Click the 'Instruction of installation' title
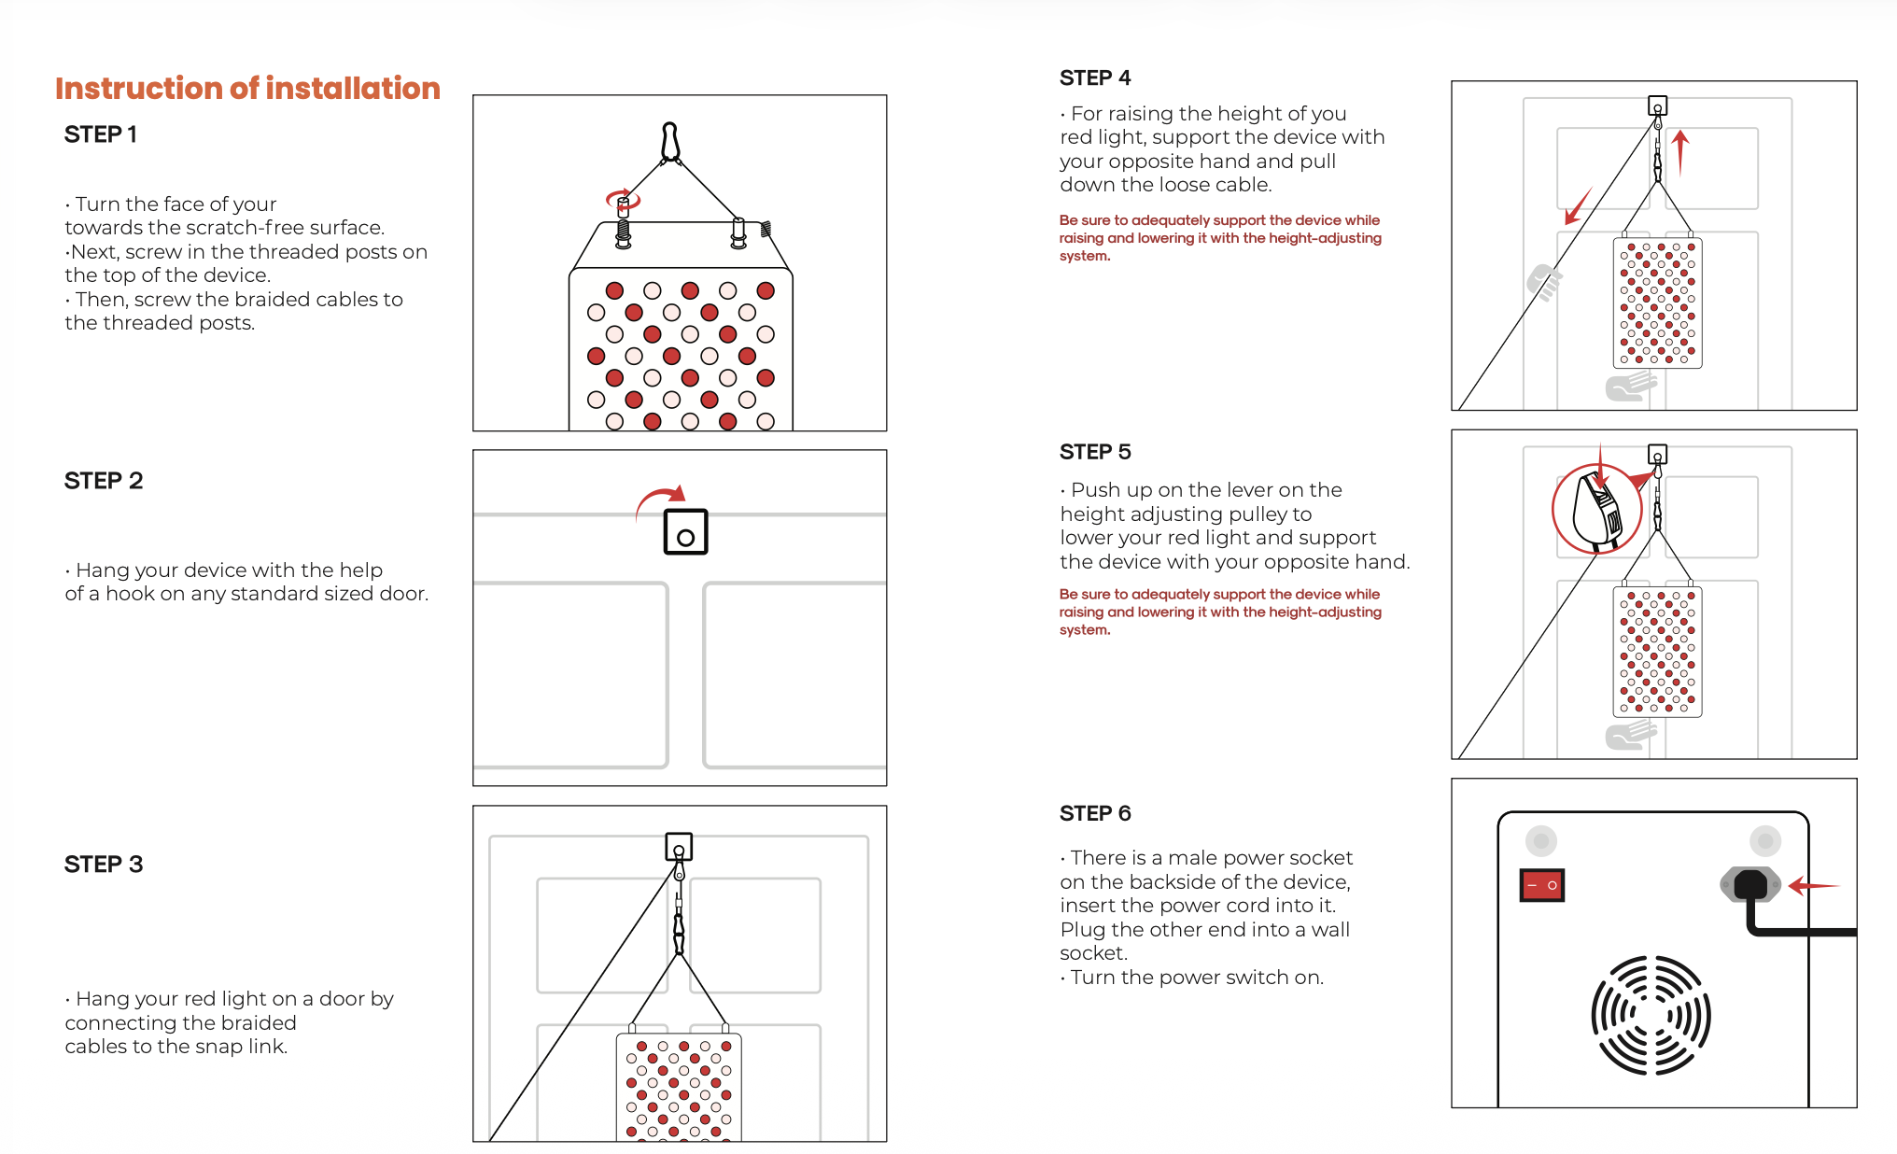[247, 88]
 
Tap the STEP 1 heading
[101, 134]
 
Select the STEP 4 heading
[1095, 77]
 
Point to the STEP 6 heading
[1095, 813]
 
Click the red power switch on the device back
[1542, 885]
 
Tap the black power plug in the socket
[1750, 885]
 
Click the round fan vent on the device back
[1651, 1015]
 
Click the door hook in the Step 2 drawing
[685, 532]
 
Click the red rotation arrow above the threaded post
[623, 198]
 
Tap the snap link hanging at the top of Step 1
[669, 143]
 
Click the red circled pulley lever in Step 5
[1597, 510]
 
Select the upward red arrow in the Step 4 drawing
[1680, 153]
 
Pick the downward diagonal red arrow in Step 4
[1578, 206]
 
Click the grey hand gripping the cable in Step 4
[1544, 283]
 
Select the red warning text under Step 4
[1220, 238]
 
